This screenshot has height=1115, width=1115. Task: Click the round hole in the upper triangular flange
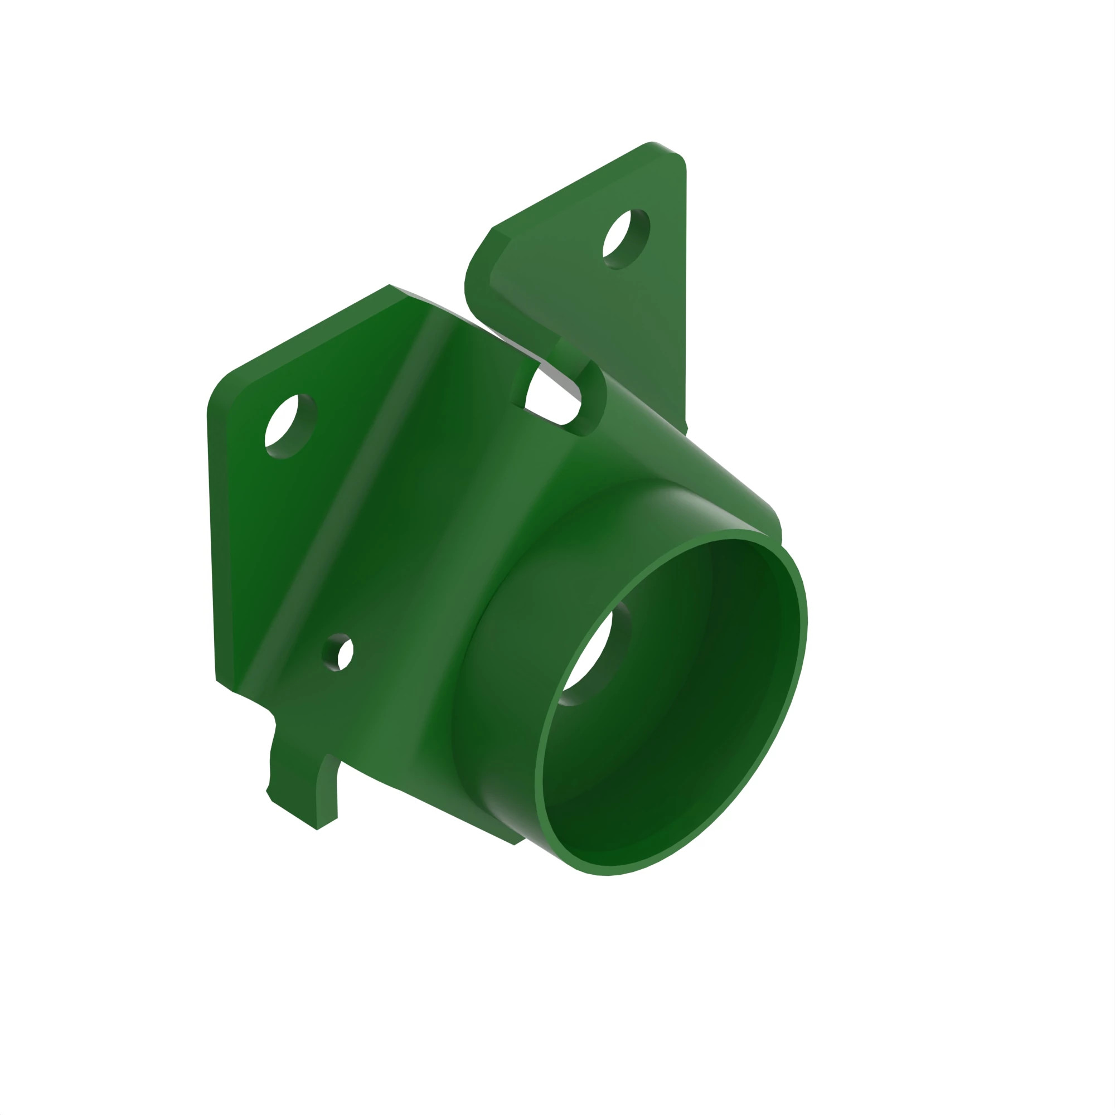pos(626,239)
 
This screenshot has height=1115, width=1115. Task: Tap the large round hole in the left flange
pos(290,425)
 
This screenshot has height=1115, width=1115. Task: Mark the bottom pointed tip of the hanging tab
pos(317,830)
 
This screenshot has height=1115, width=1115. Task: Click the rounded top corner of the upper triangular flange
pos(655,145)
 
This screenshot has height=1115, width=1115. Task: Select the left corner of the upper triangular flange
pos(492,229)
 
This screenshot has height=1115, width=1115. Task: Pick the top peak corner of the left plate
pos(390,285)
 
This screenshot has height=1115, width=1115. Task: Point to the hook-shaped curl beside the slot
pos(592,398)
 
